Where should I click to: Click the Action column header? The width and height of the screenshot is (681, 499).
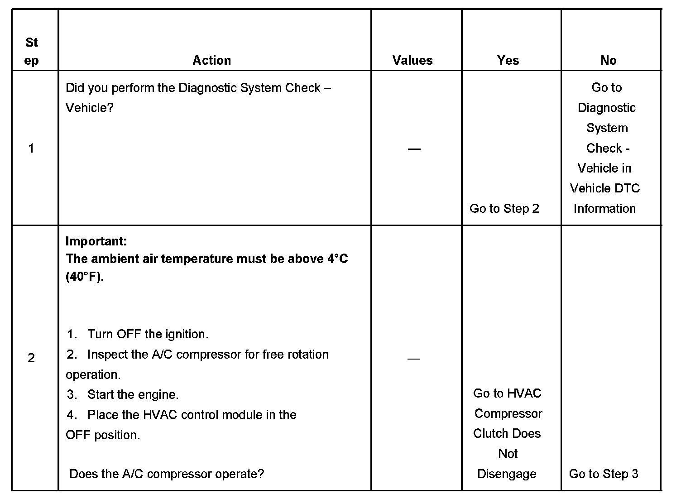tap(211, 60)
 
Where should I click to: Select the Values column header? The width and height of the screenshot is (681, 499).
tap(412, 60)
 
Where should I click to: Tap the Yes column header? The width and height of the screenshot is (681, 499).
tap(508, 60)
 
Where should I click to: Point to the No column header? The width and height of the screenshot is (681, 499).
tap(608, 60)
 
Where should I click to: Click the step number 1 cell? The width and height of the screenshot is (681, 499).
tap(31, 148)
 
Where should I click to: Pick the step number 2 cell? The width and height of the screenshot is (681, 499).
tap(31, 358)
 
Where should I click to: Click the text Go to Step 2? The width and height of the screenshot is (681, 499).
tap(504, 208)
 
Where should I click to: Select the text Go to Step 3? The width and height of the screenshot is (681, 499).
tap(603, 474)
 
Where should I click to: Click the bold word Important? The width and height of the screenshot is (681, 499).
tap(96, 241)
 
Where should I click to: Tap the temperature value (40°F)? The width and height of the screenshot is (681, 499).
tap(84, 277)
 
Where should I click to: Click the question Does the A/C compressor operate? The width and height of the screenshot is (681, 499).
tap(167, 474)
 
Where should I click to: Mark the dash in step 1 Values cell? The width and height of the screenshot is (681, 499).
tap(414, 149)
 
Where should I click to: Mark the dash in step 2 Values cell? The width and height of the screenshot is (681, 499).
tap(414, 359)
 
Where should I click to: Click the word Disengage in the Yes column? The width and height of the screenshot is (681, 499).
tap(507, 474)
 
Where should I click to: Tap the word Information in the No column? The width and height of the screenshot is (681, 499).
tap(604, 208)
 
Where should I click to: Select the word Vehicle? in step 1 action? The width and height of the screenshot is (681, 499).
tap(89, 108)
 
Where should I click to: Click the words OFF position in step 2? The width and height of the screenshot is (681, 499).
tap(103, 435)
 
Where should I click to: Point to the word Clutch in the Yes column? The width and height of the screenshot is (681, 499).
tap(489, 433)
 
